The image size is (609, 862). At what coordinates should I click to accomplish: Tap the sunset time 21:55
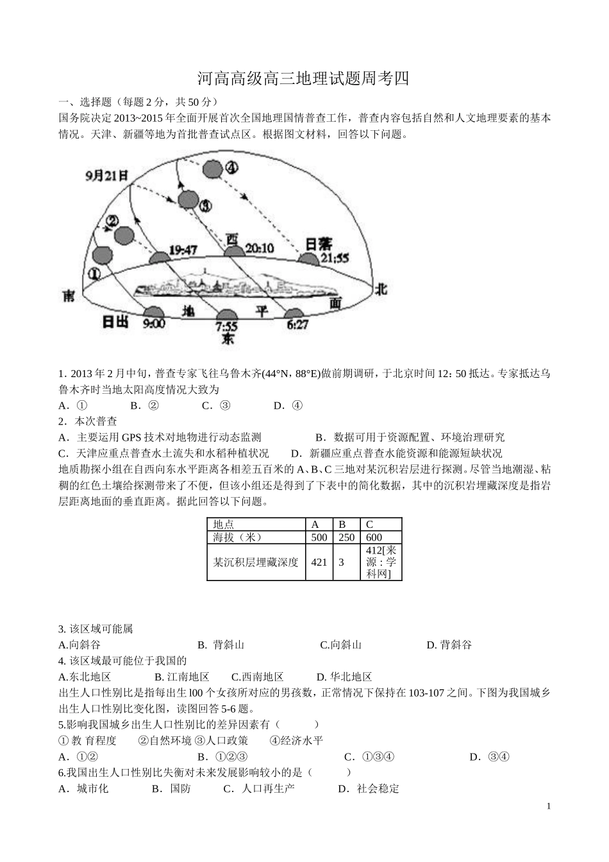(x=335, y=258)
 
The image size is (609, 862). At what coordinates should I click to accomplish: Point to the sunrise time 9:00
(x=154, y=323)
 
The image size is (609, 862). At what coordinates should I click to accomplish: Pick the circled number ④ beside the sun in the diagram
(x=231, y=167)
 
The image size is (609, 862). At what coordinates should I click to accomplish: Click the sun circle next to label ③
(x=188, y=199)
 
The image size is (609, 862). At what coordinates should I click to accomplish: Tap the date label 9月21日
(x=106, y=174)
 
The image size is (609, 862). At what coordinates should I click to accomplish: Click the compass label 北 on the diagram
(x=381, y=289)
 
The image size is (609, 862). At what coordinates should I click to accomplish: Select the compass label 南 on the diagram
(x=69, y=296)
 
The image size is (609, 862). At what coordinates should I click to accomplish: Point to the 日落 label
(x=319, y=244)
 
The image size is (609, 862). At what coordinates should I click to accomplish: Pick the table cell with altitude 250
(x=346, y=537)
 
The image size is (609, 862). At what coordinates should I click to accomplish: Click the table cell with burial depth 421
(x=319, y=562)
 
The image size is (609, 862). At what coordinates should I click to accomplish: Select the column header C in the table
(x=369, y=524)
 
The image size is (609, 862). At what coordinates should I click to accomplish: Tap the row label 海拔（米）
(x=237, y=537)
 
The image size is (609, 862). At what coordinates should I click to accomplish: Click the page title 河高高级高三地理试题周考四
(x=303, y=79)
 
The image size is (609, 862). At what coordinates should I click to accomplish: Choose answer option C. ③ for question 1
(x=216, y=405)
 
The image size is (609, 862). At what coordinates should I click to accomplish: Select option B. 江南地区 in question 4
(x=182, y=677)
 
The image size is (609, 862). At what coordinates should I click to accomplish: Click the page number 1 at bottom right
(x=549, y=807)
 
